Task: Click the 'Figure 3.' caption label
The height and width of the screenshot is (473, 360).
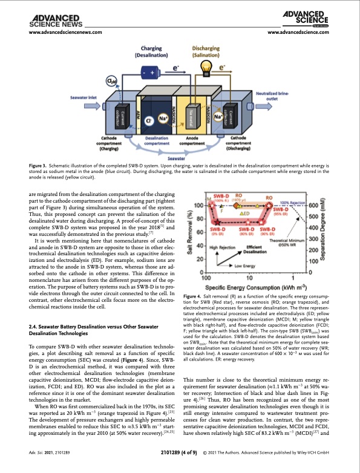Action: coord(39,165)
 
